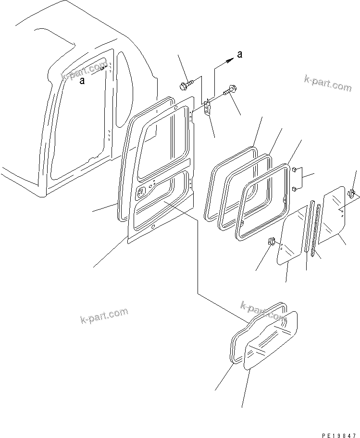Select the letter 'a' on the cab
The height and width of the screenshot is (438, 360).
[x=82, y=81]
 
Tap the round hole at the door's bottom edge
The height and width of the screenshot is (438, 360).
[x=153, y=227]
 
